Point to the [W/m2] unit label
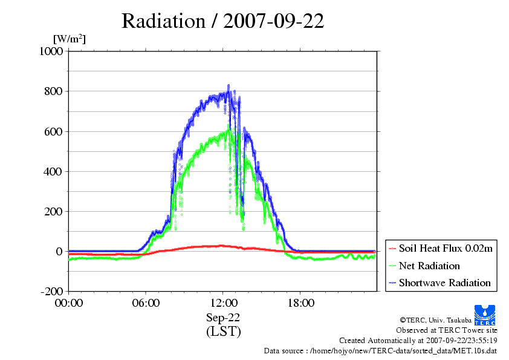(70, 39)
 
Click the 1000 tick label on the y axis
(51, 51)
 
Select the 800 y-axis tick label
(53, 91)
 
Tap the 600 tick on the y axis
(53, 131)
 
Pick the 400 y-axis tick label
(53, 171)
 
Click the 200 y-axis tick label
(53, 211)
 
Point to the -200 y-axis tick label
(51, 291)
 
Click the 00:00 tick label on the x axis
(69, 303)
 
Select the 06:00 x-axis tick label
(146, 303)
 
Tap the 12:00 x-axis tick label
(223, 303)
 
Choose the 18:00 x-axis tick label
(300, 303)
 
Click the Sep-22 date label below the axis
(223, 317)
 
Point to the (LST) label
(223, 332)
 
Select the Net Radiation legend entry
(429, 266)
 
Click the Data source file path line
(380, 350)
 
